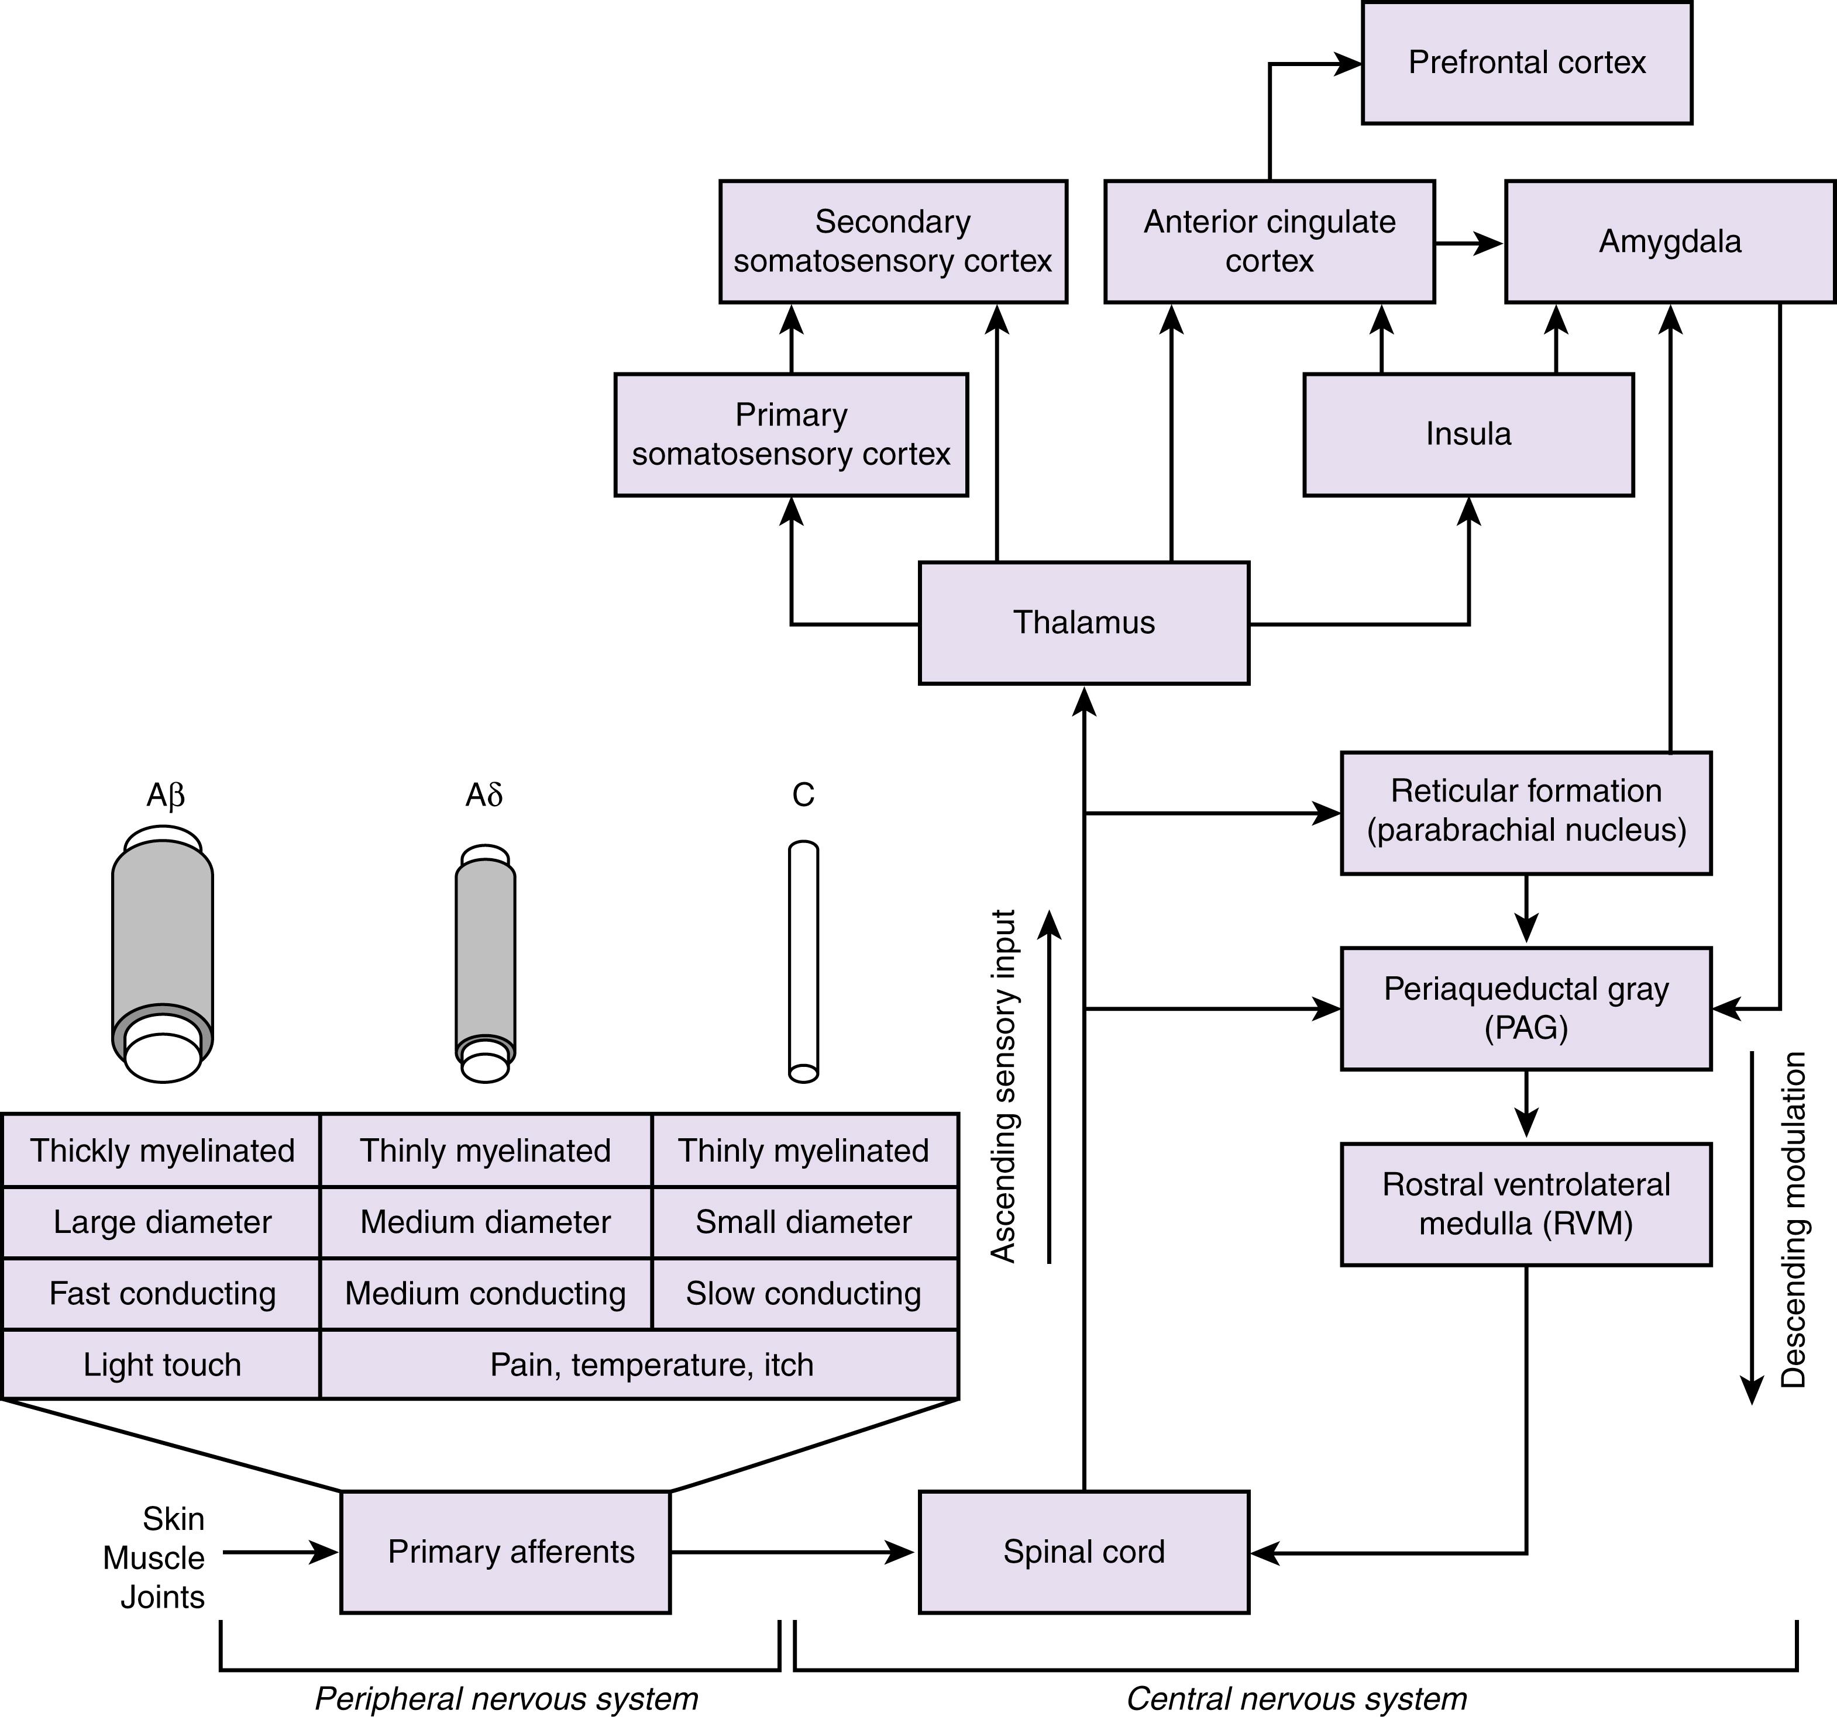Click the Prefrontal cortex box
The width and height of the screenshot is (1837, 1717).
pyautogui.click(x=1526, y=63)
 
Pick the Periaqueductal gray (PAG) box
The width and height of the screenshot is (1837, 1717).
pyautogui.click(x=1526, y=1008)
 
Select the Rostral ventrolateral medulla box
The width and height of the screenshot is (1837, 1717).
pyautogui.click(x=1526, y=1204)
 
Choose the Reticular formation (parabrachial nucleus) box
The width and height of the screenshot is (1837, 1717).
pyautogui.click(x=1526, y=811)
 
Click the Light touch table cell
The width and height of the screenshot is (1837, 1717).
pyautogui.click(x=161, y=1364)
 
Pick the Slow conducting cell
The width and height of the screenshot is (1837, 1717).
pyautogui.click(x=803, y=1293)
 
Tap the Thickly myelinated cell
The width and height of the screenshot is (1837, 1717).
pyautogui.click(x=161, y=1151)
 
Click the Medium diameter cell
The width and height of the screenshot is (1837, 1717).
pyautogui.click(x=485, y=1222)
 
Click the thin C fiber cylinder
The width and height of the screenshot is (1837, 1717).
pyautogui.click(x=803, y=961)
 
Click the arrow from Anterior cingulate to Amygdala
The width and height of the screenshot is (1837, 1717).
pyautogui.click(x=1469, y=243)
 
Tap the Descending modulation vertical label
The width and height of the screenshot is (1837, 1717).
pyautogui.click(x=1793, y=1219)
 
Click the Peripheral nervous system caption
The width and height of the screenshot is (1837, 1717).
pyautogui.click(x=507, y=1698)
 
